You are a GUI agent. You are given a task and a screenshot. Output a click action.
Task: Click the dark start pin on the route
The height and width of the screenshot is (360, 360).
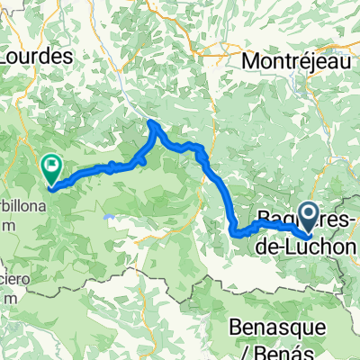coord(307,214)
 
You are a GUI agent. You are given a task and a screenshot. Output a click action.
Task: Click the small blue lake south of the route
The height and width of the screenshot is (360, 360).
coord(110,217)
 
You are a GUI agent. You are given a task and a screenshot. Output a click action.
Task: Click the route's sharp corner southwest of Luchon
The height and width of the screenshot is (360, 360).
coord(236,232)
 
